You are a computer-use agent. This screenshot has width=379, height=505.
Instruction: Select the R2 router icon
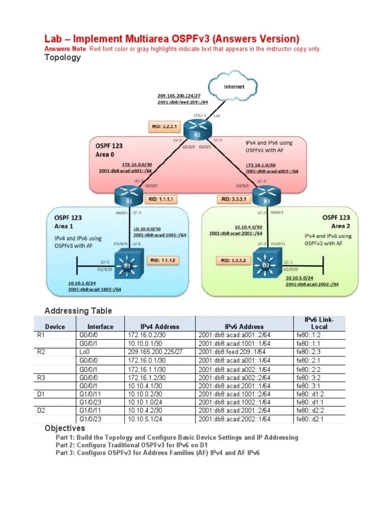tap(196, 130)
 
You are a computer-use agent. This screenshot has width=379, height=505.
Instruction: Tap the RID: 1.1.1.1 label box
tap(159, 199)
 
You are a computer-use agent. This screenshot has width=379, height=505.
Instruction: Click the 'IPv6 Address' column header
tap(244, 326)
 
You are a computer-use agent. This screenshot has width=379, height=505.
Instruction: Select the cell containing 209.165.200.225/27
tap(155, 352)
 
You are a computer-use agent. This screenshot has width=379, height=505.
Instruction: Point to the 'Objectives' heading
tap(65, 428)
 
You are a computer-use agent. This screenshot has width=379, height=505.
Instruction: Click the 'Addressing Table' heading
tap(78, 311)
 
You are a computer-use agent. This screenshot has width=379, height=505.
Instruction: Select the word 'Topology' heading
tap(63, 57)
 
